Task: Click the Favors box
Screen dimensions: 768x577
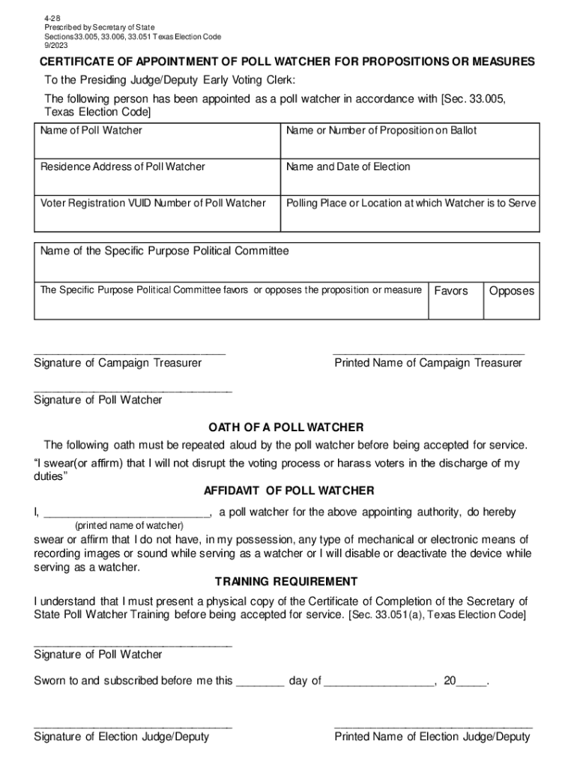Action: click(x=452, y=300)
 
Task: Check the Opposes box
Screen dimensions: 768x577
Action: click(x=511, y=300)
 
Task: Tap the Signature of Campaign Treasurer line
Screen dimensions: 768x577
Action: click(x=129, y=349)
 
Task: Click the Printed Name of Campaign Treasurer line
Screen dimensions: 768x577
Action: click(x=429, y=349)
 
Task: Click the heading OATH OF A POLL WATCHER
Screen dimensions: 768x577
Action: click(x=286, y=427)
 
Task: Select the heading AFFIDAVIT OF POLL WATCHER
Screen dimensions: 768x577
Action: click(x=288, y=490)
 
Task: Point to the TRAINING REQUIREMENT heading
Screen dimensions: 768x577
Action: click(x=286, y=582)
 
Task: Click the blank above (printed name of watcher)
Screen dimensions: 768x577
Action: click(x=127, y=514)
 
